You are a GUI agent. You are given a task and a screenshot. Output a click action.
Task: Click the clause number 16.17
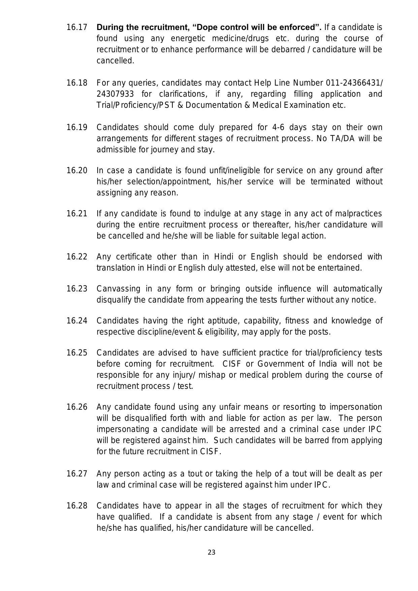[x=77, y=27]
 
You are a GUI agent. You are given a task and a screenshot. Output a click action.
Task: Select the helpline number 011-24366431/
[x=354, y=83]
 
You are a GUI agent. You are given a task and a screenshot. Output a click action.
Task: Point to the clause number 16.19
[x=77, y=127]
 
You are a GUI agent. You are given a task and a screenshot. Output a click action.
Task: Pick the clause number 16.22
[x=77, y=257]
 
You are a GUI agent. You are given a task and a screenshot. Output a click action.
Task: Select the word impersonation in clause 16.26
[x=356, y=407]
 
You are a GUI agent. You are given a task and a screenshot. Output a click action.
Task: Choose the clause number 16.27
[x=77, y=474]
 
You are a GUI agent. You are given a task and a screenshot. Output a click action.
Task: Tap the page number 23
[x=212, y=552]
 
